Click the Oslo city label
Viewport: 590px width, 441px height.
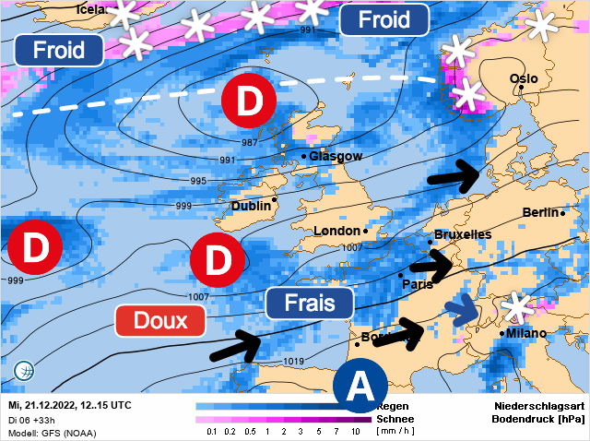coord(524,79)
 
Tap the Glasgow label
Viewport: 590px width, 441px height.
coord(336,156)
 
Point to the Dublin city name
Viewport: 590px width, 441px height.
coord(251,207)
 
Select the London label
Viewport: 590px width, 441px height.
coord(336,231)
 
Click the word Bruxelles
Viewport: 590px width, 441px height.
coord(462,234)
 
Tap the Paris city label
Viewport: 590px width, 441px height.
coord(418,284)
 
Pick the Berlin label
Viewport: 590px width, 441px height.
coord(540,213)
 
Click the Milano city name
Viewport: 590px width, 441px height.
coord(526,333)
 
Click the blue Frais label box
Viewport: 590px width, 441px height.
coord(310,303)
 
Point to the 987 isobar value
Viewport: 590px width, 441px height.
coord(250,143)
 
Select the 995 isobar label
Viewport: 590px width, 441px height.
coord(198,181)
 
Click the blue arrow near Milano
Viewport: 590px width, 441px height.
coord(463,311)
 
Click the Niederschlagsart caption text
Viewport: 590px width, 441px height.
coord(536,406)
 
